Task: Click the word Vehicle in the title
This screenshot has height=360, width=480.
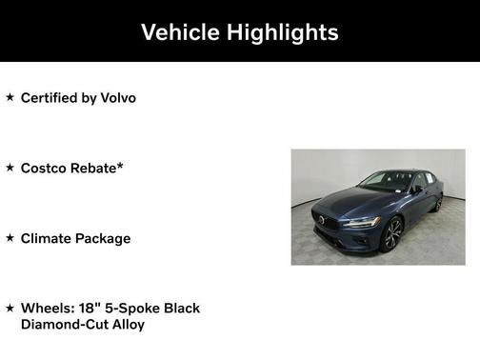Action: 181,31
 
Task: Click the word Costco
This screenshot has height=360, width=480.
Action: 45,168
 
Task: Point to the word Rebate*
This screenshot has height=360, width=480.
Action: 100,168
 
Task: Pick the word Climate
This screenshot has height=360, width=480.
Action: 47,237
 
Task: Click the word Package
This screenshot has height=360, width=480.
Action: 104,237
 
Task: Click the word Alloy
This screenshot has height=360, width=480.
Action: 129,324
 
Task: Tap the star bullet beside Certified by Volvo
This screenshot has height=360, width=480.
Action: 10,97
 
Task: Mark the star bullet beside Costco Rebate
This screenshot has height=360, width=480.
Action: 10,168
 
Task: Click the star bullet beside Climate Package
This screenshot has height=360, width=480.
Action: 10,237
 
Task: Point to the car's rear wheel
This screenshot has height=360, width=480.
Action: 438,202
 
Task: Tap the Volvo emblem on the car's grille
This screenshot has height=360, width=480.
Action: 323,220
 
